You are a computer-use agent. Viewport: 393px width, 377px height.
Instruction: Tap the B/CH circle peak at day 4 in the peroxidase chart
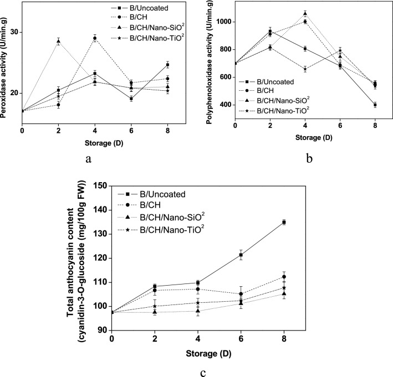point(95,38)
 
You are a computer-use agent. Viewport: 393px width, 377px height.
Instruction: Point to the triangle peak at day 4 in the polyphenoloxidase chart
point(305,13)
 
